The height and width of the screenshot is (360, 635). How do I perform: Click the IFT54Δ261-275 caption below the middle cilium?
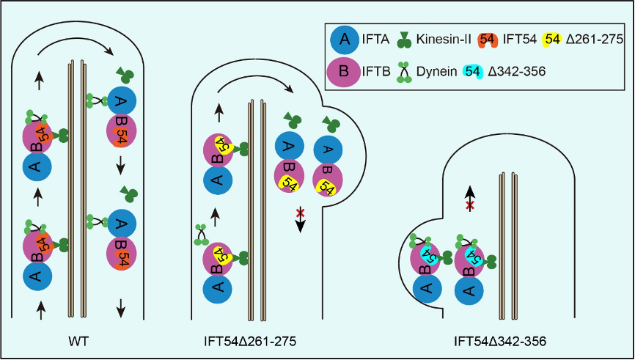point(252,341)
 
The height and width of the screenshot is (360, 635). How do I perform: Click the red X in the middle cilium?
point(300,213)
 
